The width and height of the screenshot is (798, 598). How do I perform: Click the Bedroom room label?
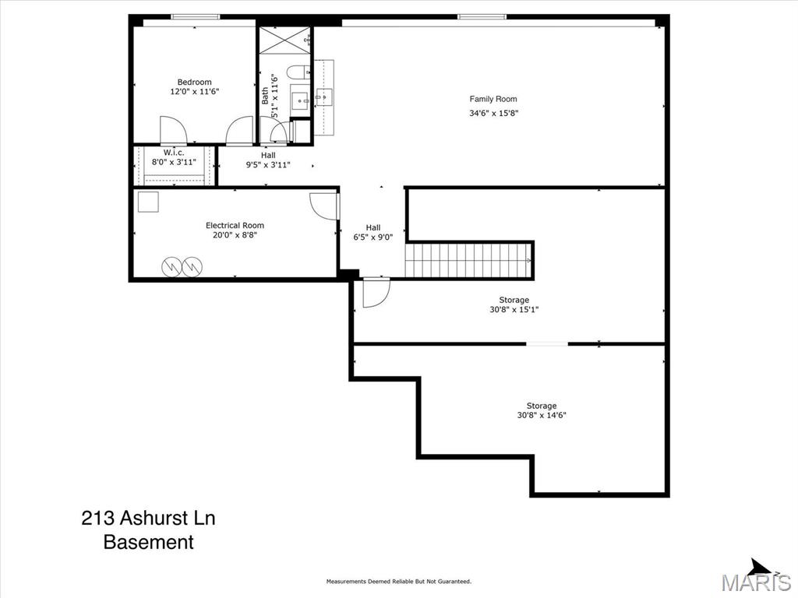point(194,82)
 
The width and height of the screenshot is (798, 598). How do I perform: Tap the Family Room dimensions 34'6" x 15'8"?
point(493,114)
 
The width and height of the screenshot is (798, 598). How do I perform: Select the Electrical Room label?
point(235,225)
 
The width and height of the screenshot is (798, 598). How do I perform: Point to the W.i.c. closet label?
point(174,153)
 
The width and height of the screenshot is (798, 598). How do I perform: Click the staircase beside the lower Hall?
point(468,260)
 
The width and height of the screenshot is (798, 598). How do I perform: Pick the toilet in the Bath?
point(298,72)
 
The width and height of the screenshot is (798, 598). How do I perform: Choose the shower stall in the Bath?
point(284,40)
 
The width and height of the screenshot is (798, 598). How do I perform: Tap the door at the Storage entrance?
point(376,293)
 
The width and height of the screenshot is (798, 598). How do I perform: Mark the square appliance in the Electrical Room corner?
point(148,202)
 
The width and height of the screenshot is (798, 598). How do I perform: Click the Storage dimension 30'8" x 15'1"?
point(514,309)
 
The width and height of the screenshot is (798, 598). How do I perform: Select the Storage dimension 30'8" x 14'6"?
point(542,415)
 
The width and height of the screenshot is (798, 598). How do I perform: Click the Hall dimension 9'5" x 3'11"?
point(268,165)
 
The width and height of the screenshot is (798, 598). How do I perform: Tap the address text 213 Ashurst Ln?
point(148,518)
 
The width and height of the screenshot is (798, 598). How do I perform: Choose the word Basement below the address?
point(149,542)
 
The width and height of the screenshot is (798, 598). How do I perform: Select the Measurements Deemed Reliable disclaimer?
point(399,581)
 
